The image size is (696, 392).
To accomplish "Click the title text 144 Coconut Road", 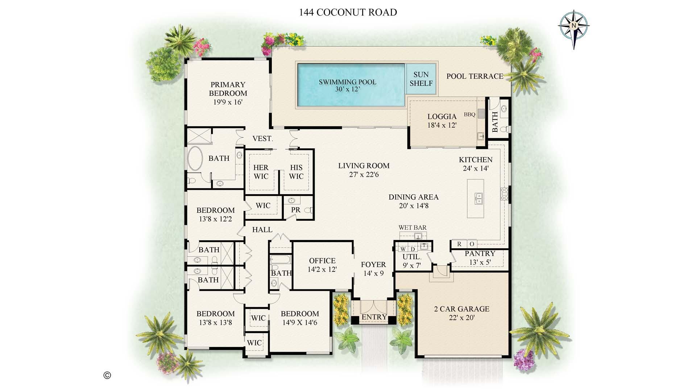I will coord(348,12).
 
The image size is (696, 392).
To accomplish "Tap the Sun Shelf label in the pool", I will coord(421,79).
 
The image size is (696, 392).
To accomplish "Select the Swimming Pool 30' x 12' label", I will coord(347,86).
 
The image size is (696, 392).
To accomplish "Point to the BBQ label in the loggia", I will coord(469,115).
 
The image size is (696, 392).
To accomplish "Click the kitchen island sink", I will coord(479,198).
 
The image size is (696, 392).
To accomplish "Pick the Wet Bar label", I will coord(412,228).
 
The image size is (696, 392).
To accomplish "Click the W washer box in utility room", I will coord(403,249).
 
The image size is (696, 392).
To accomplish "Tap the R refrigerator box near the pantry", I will coord(459,244).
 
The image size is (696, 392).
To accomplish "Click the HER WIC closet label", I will coord(261,172).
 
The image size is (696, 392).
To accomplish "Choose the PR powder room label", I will coord(295,210).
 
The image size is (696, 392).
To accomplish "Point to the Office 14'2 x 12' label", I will coord(322,265).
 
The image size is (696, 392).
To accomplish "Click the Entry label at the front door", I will coord(374,317).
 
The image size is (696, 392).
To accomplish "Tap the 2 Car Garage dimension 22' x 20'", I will coord(462,318).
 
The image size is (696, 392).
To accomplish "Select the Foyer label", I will coord(373,265).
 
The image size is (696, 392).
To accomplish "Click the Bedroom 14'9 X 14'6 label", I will coord(300,318).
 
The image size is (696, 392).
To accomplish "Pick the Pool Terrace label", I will coord(475,76).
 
